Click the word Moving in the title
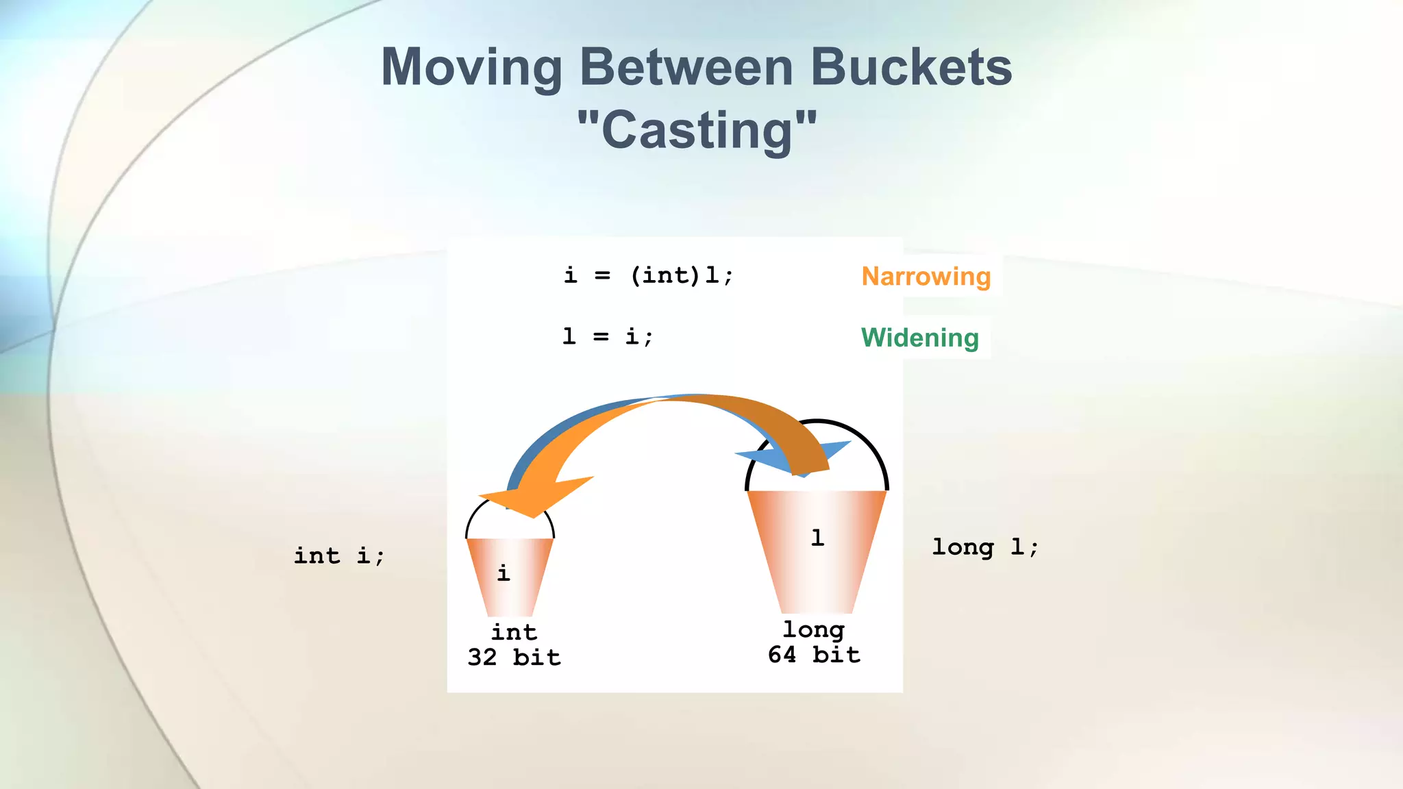point(471,68)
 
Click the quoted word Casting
point(697,130)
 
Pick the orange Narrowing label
point(926,276)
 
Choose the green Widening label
point(919,338)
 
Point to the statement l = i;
point(608,336)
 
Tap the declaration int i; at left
point(339,555)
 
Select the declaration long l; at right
point(984,547)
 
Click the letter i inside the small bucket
point(504,573)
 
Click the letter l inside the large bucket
point(817,538)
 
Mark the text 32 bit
point(514,657)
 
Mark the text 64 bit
point(814,655)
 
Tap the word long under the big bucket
point(814,629)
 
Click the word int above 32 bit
point(514,631)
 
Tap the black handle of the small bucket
point(472,521)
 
